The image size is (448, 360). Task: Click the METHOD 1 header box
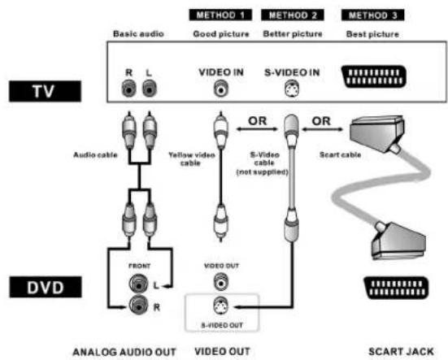coord(220,15)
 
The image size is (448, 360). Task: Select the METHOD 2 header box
coord(292,15)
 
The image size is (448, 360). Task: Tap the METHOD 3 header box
coord(372,15)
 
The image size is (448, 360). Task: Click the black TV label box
coord(46,91)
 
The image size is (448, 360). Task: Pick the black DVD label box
coord(46,287)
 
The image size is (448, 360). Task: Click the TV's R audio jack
coord(128,88)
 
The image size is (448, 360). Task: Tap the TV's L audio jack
coord(150,88)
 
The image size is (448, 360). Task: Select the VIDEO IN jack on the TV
coord(221,89)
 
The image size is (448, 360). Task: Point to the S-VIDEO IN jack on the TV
coord(292,89)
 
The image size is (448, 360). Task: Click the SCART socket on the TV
coord(374,76)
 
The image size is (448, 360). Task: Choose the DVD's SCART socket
coord(396,288)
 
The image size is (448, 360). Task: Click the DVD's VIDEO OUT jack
coord(221,282)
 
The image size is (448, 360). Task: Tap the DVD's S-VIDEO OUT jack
coord(221,306)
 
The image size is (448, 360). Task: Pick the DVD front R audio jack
coord(138,306)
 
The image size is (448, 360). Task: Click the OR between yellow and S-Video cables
coord(258,121)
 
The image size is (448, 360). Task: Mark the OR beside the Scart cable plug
coord(321,121)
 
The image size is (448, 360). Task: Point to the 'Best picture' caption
coord(372,34)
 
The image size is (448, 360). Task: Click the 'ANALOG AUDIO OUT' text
coord(124,352)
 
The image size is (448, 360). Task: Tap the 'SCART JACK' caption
coord(401,352)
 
